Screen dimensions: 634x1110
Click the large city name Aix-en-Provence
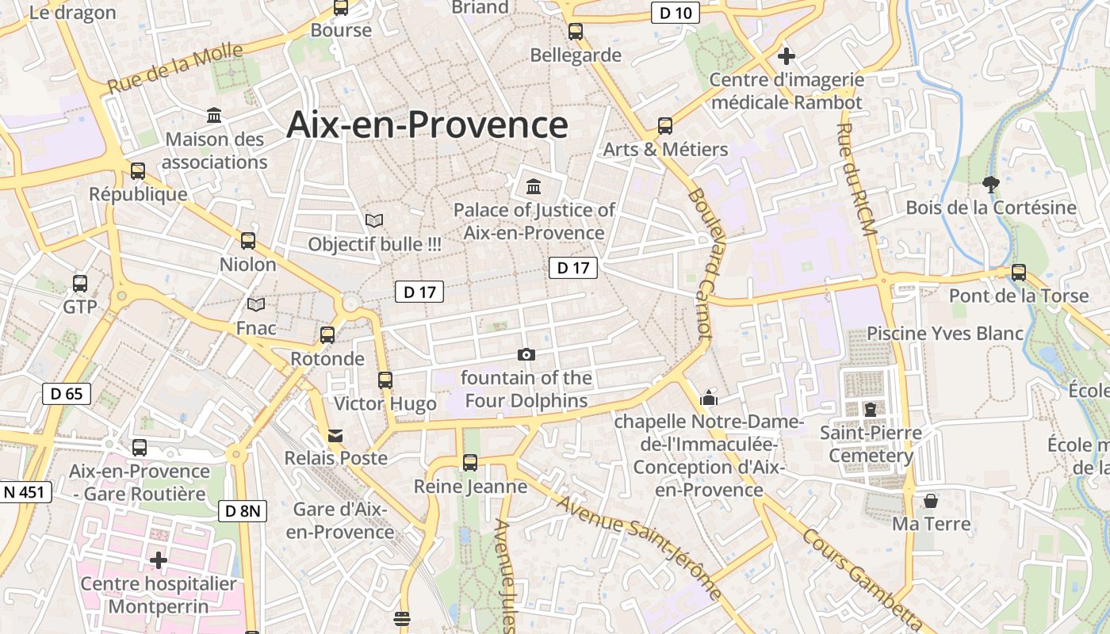tap(427, 124)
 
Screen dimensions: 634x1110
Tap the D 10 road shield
tap(675, 13)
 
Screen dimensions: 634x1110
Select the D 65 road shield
tap(67, 394)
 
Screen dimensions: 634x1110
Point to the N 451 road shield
tap(25, 492)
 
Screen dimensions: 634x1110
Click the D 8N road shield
tap(242, 511)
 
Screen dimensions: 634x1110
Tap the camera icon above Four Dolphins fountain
tap(526, 354)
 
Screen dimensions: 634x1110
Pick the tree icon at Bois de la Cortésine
tap(990, 185)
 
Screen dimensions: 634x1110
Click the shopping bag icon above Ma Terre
tap(931, 501)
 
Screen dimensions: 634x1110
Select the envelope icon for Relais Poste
tap(335, 436)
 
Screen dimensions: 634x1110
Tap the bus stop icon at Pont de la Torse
tap(1019, 273)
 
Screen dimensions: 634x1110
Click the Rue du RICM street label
tap(857, 180)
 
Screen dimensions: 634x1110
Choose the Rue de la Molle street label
tap(176, 68)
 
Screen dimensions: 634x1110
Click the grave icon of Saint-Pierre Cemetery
tap(871, 410)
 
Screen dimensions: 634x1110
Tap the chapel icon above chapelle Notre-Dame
tap(709, 398)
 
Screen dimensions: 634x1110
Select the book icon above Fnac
tap(256, 304)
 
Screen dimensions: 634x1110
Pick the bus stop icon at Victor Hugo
tap(385, 380)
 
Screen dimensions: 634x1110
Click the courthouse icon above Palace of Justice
tap(534, 187)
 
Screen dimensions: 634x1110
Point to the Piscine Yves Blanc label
tap(945, 333)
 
